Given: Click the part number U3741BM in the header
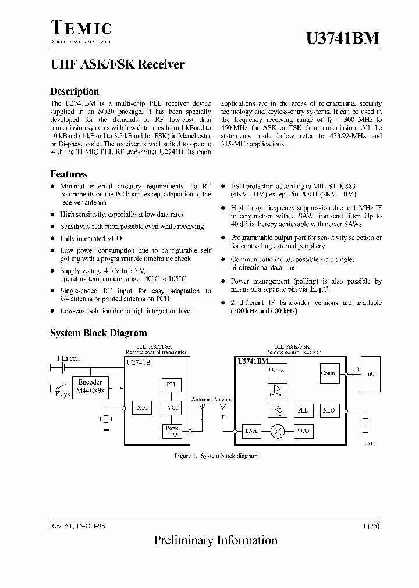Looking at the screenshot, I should click(343, 38).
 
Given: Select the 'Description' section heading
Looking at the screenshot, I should click(74, 91).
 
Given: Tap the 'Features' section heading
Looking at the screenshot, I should click(69, 174).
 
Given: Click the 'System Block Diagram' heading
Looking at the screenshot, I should click(98, 333).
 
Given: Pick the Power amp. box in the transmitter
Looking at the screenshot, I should click(173, 431).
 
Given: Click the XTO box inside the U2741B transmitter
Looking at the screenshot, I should click(143, 408).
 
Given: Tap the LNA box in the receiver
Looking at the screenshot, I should click(251, 431).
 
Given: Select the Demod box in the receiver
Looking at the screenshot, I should click(277, 370).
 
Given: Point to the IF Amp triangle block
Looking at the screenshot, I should click(277, 390).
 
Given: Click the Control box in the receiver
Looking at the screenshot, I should click(329, 373).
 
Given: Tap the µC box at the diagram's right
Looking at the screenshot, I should click(371, 375).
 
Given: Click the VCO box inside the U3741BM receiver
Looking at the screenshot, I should click(303, 431).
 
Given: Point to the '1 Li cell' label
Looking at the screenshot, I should click(68, 358).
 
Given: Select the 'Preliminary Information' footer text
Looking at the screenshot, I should click(215, 540).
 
